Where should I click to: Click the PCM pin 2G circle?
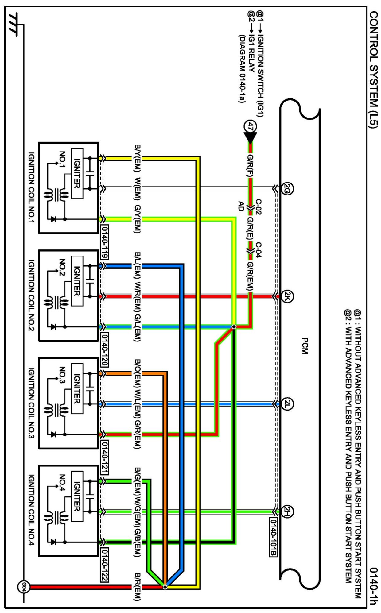pos(287,188)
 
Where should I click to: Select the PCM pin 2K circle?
pos(287,296)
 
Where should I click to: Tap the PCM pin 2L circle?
pos(287,404)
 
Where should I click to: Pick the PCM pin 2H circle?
pos(287,511)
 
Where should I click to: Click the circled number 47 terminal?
pos(250,126)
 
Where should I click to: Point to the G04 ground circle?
pos(24,587)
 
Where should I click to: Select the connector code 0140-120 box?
pos(104,350)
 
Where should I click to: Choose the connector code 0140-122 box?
pos(104,565)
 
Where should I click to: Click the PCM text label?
pos(305,346)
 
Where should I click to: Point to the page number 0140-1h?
pos(373,586)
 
